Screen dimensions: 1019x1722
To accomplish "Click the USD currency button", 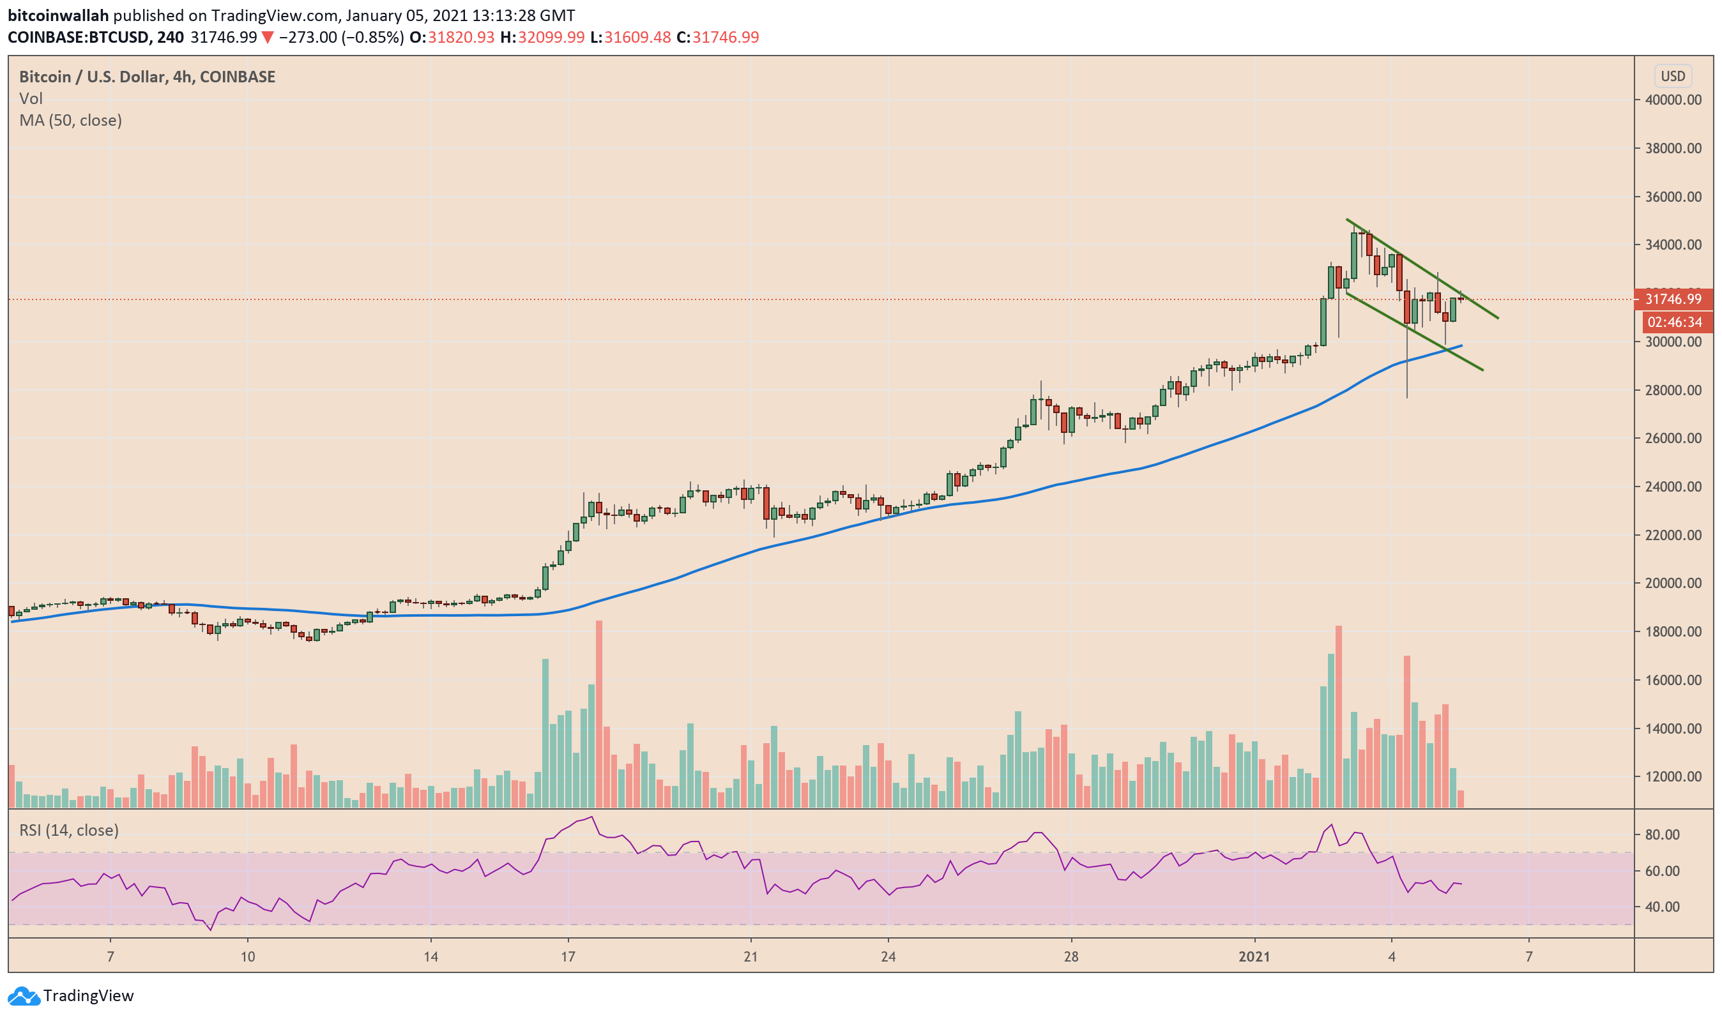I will coord(1673,76).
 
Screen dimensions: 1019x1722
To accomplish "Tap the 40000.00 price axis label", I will coord(1673,100).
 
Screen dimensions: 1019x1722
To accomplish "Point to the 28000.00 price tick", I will coord(1673,391).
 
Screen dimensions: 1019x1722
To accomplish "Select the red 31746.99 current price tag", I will coord(1673,299).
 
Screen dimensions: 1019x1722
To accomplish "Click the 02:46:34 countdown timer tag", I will coord(1674,322).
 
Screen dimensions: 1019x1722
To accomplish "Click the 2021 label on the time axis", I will coord(1254,956).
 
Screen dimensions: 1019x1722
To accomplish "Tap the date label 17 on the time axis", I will coord(568,956).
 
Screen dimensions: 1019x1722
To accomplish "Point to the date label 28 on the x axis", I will coord(1071,956).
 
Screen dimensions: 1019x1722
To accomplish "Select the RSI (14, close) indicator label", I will coord(69,831).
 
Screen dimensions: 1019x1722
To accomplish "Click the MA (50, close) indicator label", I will coord(71,121).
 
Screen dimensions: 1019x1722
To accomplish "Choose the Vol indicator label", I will coord(31,99).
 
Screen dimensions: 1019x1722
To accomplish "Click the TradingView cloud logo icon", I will coord(24,995).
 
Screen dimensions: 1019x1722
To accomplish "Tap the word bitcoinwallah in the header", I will coord(57,15).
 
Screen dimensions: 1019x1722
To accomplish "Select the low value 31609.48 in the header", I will coord(637,38).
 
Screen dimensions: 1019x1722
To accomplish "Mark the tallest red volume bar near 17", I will coord(599,714).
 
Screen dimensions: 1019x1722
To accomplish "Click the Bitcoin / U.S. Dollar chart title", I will coord(147,77).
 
